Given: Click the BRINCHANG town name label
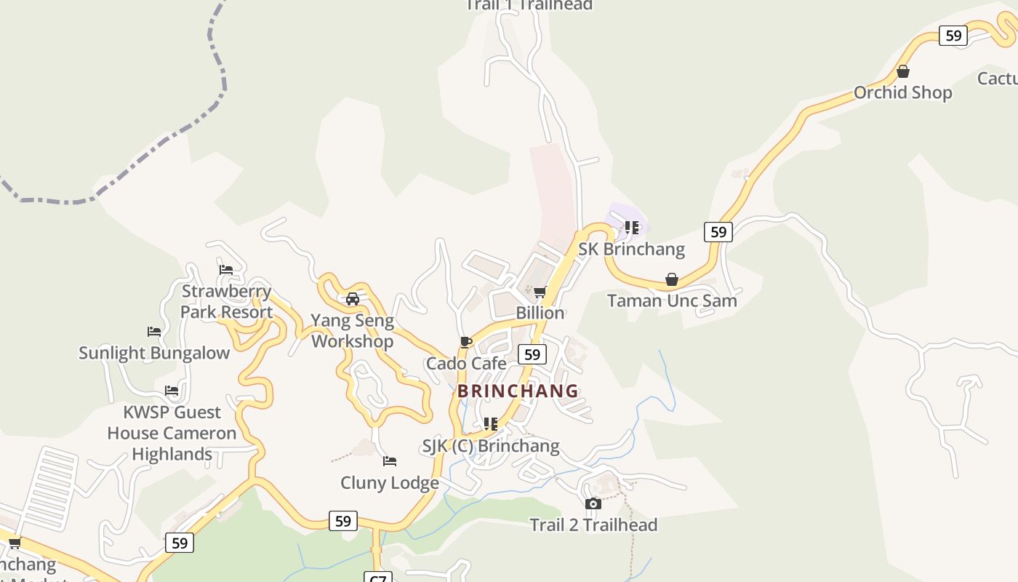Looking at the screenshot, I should point(518,391).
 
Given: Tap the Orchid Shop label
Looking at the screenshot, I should point(902,92).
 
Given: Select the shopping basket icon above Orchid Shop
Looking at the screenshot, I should point(902,71).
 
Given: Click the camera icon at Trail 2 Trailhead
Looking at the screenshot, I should point(593,503).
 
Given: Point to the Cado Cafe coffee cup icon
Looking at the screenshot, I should point(466,342).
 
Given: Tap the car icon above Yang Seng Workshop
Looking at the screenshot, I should point(353,299).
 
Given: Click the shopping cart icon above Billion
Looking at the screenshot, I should point(540,292).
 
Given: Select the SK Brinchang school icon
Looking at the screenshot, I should point(631,228).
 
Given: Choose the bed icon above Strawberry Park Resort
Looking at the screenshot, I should point(226,270).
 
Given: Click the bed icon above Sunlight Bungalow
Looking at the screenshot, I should point(154,332).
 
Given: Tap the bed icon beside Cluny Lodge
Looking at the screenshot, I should point(390,461).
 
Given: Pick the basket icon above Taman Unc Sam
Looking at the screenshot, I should point(672,280).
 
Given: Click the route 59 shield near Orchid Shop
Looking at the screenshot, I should point(953,35).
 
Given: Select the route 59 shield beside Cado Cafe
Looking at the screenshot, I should point(532,354).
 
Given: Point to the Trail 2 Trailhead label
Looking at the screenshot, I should point(593,525).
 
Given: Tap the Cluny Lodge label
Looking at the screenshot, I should point(390,482).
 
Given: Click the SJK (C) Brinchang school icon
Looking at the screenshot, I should point(491,424).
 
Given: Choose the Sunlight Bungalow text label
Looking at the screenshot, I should point(154,353).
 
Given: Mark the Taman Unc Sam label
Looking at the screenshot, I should point(672,300).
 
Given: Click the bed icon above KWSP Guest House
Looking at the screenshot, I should point(172,391).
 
